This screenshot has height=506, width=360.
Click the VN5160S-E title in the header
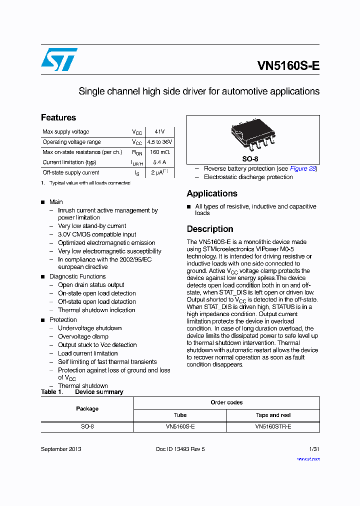point(288,66)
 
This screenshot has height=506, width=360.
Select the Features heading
point(58,117)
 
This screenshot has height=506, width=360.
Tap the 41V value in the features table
point(159,131)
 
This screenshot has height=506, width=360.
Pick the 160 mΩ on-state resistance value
point(159,152)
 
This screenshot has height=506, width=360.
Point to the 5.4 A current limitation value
point(159,162)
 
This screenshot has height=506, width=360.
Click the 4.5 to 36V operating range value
point(159,142)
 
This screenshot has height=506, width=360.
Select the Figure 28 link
point(303,168)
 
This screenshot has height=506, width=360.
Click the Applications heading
point(212,193)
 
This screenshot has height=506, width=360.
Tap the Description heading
point(210,229)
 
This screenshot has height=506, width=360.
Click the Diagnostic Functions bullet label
point(77,276)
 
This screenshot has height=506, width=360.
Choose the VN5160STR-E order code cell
point(273,427)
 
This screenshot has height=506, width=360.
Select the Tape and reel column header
point(273,415)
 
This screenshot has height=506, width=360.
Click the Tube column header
point(180,415)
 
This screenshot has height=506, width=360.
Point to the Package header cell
point(87,408)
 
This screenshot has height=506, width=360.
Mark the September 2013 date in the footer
point(61,449)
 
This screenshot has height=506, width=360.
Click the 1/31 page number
point(314,449)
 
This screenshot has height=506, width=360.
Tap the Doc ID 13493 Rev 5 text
point(180,449)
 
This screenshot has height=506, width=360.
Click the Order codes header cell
point(226,402)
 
